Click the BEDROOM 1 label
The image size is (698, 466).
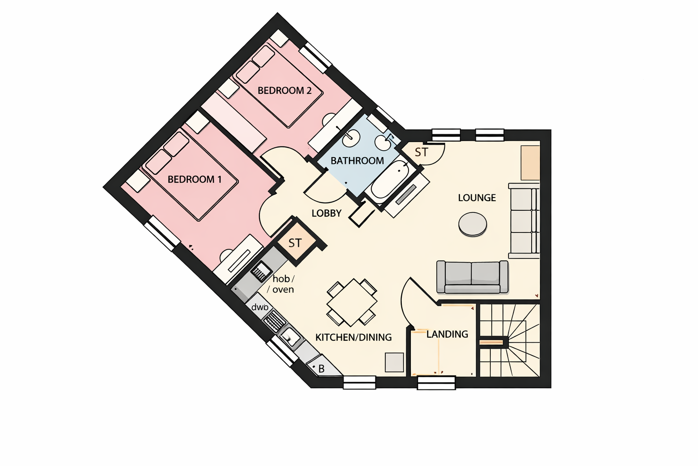click(x=194, y=179)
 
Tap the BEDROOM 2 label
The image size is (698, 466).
click(x=284, y=91)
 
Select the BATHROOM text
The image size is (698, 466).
click(x=357, y=161)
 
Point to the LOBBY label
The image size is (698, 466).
click(x=326, y=213)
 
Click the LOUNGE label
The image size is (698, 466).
click(x=477, y=198)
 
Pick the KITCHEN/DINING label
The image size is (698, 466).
click(x=354, y=337)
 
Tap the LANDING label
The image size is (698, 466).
click(x=447, y=334)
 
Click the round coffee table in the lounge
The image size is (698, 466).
click(x=473, y=224)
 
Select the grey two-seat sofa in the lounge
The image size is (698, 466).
click(x=472, y=277)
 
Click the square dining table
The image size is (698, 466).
click(x=352, y=303)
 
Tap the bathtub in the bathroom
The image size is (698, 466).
click(x=390, y=180)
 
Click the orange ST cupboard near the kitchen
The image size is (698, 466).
click(x=295, y=243)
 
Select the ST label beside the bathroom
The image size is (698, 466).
click(x=421, y=152)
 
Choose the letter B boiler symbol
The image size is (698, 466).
click(x=321, y=369)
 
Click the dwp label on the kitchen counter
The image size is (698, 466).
click(x=259, y=307)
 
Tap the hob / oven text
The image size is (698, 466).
click(x=283, y=284)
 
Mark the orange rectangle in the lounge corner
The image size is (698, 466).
click(x=530, y=162)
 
